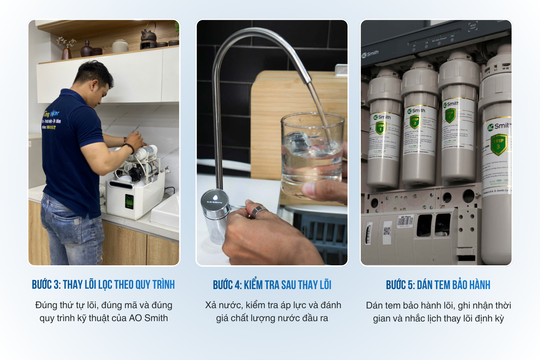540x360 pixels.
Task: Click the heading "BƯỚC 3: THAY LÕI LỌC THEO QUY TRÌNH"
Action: (103, 285)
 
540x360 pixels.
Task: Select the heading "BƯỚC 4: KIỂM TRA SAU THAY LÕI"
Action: (272, 285)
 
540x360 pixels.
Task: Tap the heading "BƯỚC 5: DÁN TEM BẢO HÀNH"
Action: (438, 285)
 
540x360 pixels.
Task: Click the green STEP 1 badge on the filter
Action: (381, 128)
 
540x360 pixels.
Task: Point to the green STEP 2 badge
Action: (415, 122)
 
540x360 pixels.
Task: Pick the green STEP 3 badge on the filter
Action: (499, 144)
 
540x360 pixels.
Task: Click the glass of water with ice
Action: (311, 155)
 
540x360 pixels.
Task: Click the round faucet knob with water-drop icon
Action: (215, 200)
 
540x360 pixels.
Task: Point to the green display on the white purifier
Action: (129, 201)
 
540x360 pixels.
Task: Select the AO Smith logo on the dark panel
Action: (370, 54)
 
